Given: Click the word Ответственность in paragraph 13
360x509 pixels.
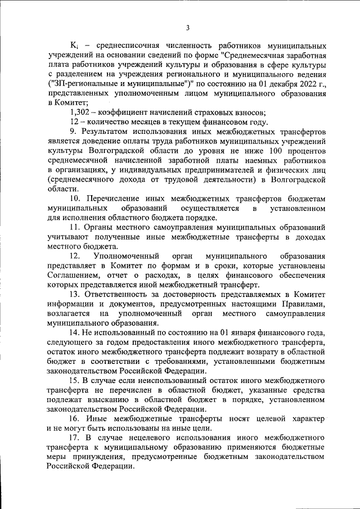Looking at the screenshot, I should coord(121,295).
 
